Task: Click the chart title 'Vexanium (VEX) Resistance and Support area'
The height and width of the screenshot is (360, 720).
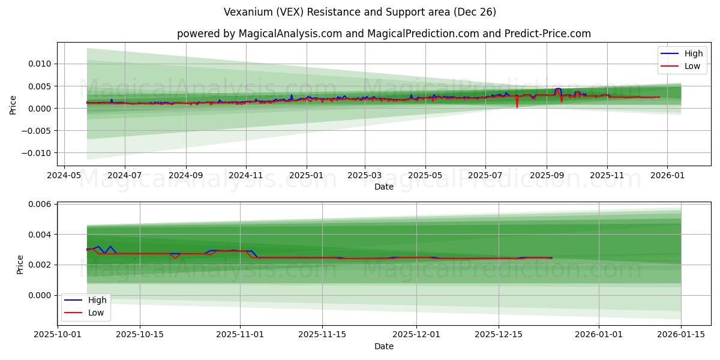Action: coord(360,12)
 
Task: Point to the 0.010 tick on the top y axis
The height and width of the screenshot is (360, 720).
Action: coord(41,64)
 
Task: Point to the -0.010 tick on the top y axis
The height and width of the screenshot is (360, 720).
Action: coord(38,153)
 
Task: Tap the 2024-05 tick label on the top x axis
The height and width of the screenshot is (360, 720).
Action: coord(64,176)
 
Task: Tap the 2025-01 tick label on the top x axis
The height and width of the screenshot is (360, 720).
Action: coord(307,176)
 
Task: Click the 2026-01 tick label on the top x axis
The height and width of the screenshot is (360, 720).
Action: coord(667,176)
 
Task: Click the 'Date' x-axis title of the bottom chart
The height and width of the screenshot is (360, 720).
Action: coord(384,346)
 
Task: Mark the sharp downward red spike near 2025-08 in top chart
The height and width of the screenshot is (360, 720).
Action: coord(517,106)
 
